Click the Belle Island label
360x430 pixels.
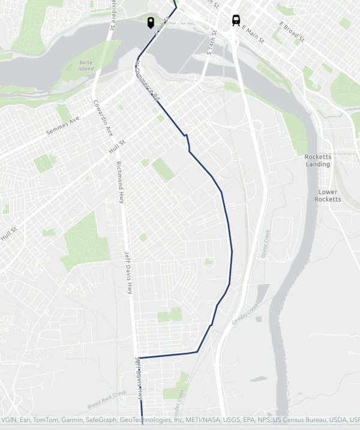[x=86, y=65]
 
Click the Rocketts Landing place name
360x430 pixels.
[x=318, y=160]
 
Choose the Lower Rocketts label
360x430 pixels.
[x=328, y=196]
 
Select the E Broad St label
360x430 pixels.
[x=292, y=32]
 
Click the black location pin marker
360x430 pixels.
[x=151, y=23]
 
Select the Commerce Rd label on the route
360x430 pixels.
[x=148, y=80]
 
